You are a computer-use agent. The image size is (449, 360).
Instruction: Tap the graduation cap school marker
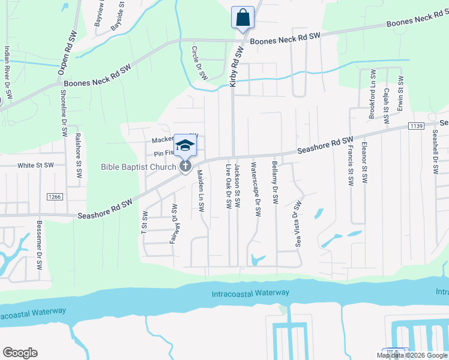tap(185, 145)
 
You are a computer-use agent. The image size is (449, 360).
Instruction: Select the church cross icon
tap(185, 166)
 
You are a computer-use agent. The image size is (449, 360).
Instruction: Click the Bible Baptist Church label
tap(139, 167)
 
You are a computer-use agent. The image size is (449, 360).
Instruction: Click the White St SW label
tap(35, 165)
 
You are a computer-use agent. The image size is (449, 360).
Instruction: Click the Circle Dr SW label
tap(199, 63)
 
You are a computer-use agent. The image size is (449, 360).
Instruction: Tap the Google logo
tap(20, 353)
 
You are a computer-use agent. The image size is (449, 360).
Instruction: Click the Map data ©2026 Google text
tap(411, 355)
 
